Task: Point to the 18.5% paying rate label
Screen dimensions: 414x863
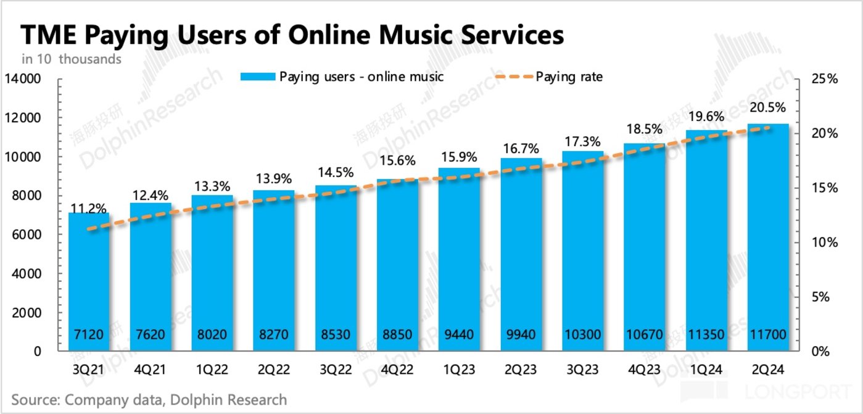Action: tap(644, 130)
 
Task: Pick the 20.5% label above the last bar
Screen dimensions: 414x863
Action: tap(768, 107)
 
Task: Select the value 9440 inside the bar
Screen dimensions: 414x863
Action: tap(459, 336)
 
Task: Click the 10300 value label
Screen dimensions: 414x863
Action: tap(582, 336)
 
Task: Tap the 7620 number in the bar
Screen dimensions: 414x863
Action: tap(150, 336)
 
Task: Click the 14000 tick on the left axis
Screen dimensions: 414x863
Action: tap(23, 79)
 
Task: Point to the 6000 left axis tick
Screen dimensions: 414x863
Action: tap(27, 235)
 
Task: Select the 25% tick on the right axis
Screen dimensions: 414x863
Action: tap(824, 79)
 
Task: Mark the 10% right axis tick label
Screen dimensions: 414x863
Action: tap(824, 242)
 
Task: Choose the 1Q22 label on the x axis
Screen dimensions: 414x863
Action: tap(212, 371)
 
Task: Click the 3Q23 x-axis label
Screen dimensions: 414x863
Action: tap(582, 371)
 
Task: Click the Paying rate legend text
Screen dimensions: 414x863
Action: tap(569, 77)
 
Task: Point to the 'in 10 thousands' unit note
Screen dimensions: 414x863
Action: tap(72, 59)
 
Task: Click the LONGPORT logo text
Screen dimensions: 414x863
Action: tap(799, 391)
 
